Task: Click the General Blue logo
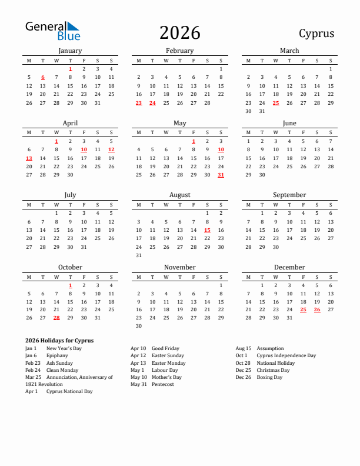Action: tap(52, 31)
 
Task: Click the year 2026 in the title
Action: tap(179, 33)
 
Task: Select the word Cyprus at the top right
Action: tap(316, 34)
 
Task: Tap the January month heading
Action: tap(70, 51)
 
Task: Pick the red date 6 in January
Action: tap(43, 77)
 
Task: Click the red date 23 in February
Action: tap(139, 103)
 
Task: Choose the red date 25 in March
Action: tap(275, 103)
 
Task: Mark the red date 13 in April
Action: tap(29, 158)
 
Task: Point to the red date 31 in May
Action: tap(221, 175)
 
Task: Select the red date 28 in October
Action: tap(56, 318)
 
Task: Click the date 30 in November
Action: tap(139, 326)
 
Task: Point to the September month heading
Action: tap(289, 195)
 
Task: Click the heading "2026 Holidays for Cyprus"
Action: tap(59, 341)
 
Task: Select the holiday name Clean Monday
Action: tap(62, 370)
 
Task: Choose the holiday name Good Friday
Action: tap(165, 348)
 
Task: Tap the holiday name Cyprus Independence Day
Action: tap(286, 355)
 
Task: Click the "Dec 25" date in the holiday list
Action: tap(243, 370)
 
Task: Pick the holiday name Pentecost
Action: tap(163, 384)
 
